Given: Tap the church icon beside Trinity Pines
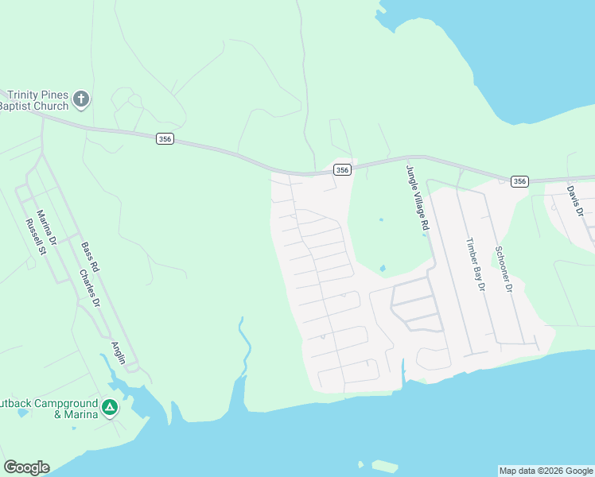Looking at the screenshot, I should (80, 99).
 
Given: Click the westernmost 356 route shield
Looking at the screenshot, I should (165, 139).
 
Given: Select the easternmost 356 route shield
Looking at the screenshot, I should (519, 181).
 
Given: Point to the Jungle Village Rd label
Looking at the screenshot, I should (414, 200).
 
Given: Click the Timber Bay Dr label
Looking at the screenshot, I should (475, 265).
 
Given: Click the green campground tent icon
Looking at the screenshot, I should (110, 409).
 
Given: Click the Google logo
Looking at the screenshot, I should (26, 467).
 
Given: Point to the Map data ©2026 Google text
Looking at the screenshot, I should (546, 471).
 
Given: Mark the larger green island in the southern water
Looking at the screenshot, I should (385, 467).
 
